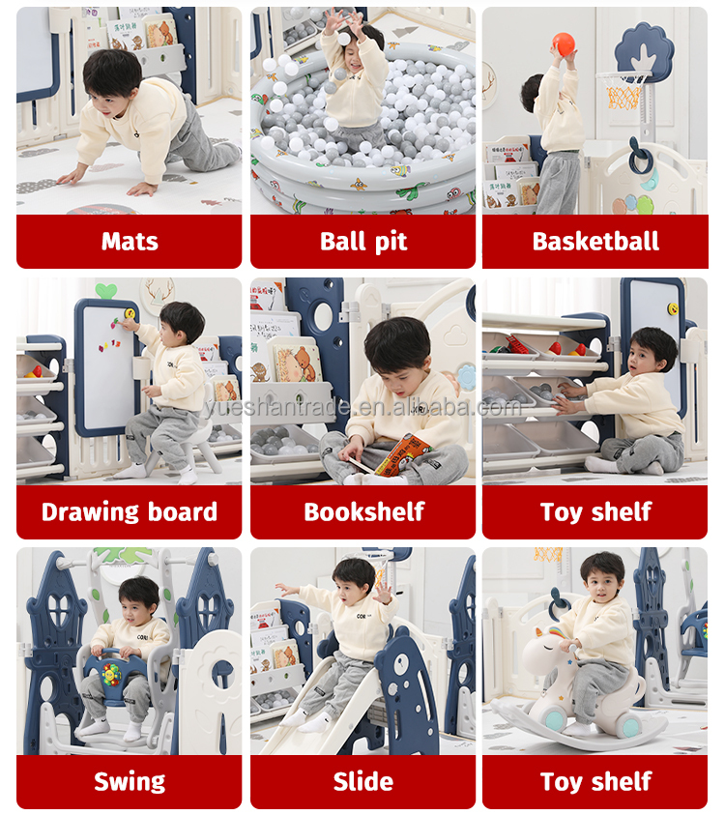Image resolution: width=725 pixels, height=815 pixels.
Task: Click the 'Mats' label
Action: click(130, 241)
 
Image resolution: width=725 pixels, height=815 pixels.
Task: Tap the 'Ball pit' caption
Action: click(363, 242)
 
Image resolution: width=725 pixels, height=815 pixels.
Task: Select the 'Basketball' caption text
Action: click(595, 241)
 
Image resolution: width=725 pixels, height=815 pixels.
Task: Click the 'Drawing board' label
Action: click(130, 512)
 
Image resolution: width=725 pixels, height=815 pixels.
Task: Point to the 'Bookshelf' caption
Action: click(363, 512)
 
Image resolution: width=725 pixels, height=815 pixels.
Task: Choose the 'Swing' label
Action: click(130, 782)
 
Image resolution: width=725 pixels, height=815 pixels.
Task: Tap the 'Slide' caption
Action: click(363, 782)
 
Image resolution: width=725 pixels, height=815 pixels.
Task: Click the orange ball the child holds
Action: click(564, 44)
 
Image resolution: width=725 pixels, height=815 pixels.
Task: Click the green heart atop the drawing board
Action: click(106, 291)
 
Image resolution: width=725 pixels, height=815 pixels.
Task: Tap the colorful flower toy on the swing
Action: click(111, 675)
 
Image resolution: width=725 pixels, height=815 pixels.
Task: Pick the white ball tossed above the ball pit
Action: click(343, 38)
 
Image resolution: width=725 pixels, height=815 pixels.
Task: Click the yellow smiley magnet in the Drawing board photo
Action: click(130, 313)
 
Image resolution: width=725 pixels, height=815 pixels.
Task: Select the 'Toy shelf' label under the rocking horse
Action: click(595, 782)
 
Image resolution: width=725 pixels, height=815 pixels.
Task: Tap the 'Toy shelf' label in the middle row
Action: click(595, 512)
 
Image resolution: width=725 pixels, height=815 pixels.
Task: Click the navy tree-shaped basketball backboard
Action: click(644, 50)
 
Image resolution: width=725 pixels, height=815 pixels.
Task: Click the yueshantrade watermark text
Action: click(362, 408)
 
